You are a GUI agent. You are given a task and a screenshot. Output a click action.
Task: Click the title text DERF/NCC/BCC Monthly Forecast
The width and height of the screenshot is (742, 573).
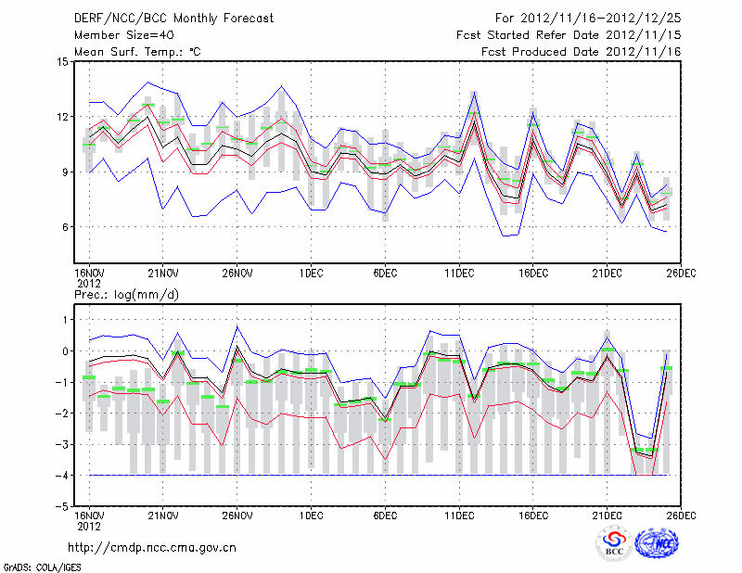(173, 19)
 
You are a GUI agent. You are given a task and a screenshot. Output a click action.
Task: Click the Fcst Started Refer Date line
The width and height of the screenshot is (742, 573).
(569, 35)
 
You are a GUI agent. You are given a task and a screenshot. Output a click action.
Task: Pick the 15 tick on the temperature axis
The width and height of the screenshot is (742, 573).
(62, 62)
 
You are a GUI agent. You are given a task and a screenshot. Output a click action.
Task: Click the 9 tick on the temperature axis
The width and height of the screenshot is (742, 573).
(65, 172)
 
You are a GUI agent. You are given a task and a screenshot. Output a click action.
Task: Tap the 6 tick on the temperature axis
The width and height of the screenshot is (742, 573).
(65, 227)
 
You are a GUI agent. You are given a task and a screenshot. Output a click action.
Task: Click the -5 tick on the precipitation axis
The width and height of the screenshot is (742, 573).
(62, 507)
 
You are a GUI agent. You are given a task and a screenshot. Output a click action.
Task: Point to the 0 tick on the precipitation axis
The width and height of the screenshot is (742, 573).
(65, 351)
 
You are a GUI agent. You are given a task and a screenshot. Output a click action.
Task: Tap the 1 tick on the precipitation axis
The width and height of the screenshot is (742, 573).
(65, 320)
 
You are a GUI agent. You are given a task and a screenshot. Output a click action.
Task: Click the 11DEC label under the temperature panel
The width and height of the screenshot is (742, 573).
(460, 273)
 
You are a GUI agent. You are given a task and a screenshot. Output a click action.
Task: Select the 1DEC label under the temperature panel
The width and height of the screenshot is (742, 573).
(312, 273)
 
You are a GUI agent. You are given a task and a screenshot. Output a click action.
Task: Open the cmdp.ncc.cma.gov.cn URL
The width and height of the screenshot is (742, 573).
(152, 547)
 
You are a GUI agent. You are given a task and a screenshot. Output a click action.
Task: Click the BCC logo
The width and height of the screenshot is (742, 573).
(614, 543)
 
